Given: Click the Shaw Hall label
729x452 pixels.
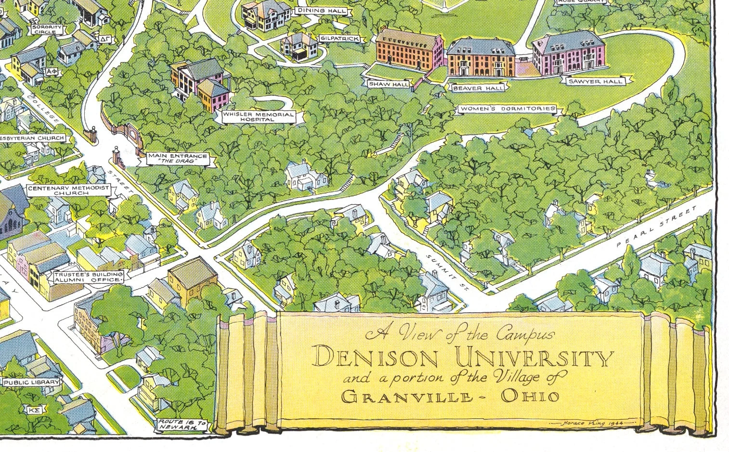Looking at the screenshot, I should click(x=389, y=84).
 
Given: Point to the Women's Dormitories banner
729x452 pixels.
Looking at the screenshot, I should click(x=507, y=109).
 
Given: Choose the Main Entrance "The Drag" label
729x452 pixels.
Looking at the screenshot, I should click(x=178, y=158).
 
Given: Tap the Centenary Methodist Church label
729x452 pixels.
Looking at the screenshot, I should click(x=68, y=190).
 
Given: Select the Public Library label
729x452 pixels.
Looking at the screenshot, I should click(x=32, y=383).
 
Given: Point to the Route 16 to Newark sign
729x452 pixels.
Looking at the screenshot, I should click(x=183, y=425).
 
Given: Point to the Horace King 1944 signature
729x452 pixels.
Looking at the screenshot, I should click(x=598, y=423).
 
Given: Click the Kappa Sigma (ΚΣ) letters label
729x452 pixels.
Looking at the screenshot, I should click(x=33, y=410).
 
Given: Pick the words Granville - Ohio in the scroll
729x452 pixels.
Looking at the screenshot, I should click(x=451, y=397).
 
